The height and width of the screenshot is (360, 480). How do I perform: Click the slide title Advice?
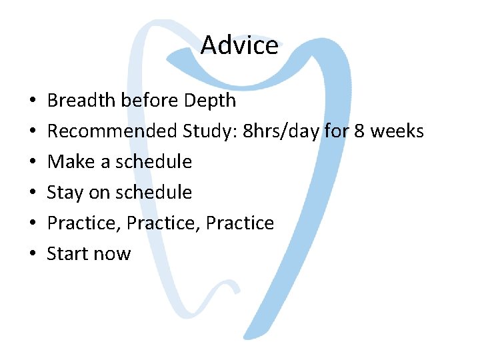click(239, 45)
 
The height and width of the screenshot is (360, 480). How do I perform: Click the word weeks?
click(397, 131)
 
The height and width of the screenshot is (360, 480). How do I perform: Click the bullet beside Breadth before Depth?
click(32, 101)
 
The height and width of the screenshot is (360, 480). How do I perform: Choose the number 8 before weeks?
click(359, 131)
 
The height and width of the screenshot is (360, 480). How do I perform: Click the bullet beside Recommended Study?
click(32, 132)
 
